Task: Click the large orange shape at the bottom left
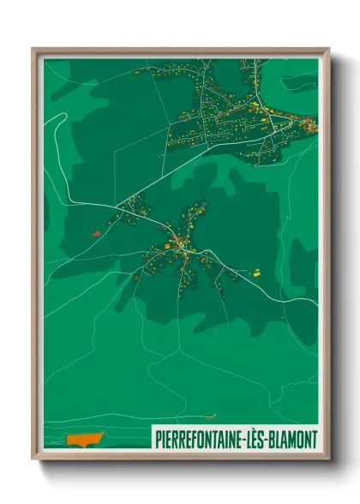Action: [84, 440]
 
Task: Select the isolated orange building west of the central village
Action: [96, 232]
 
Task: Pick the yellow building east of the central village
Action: [255, 272]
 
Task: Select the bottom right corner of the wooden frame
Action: [329, 459]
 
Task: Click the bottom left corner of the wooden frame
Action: [33, 459]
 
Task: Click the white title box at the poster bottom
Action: [235, 440]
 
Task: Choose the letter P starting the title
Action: [159, 440]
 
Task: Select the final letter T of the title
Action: [313, 440]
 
